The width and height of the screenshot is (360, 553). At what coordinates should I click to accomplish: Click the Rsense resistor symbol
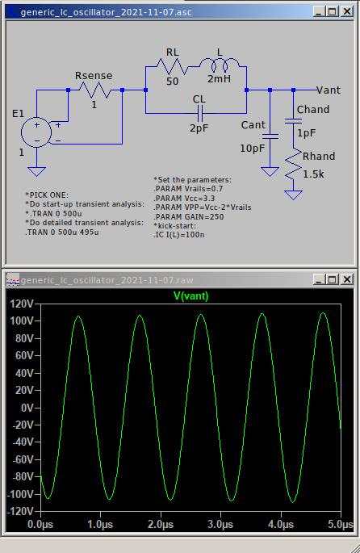[95, 90]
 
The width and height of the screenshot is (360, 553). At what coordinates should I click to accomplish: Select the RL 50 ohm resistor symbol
[173, 66]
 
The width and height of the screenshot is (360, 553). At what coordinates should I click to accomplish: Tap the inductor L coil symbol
[220, 65]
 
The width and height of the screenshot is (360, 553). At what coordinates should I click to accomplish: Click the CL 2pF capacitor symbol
[199, 113]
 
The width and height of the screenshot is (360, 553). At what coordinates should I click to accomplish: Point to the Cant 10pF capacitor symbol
[270, 136]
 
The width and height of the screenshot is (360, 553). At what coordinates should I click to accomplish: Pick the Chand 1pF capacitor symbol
[293, 121]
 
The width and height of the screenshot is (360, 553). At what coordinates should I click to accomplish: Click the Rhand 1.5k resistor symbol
[293, 165]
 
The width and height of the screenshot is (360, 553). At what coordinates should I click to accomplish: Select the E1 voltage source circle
[36, 132]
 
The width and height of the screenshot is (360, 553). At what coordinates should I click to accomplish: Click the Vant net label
[329, 90]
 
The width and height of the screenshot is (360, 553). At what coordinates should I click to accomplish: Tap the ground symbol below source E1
[36, 171]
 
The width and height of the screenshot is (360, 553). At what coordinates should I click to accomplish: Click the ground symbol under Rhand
[293, 195]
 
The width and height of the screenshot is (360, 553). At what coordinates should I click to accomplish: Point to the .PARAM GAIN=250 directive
[189, 216]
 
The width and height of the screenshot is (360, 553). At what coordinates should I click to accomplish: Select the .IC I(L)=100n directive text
[178, 235]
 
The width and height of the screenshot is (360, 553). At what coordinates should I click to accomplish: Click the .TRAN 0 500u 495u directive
[62, 233]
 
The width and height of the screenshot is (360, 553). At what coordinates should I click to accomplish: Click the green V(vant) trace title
[191, 296]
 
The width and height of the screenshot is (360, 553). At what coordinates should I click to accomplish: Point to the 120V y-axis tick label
[22, 304]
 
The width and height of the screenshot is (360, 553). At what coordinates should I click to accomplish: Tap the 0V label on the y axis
[27, 408]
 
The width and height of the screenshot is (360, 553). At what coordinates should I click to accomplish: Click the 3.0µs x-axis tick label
[220, 525]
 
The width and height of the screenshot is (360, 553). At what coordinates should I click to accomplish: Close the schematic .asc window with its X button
[347, 11]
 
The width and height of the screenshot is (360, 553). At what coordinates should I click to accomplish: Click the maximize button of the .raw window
[332, 279]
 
